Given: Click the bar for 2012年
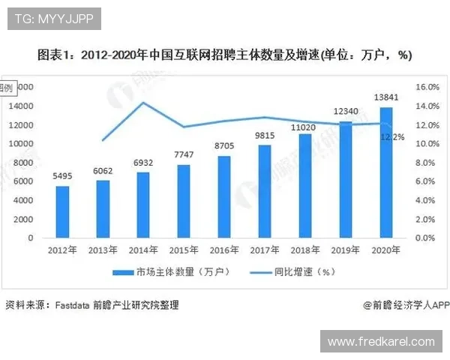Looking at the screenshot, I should (x=62, y=211).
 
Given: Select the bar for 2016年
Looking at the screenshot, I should (x=224, y=196).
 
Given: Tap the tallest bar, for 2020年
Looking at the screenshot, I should (x=386, y=172).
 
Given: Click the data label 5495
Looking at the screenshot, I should (x=62, y=177).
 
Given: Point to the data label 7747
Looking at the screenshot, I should (x=184, y=155).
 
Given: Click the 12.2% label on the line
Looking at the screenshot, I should (x=393, y=137).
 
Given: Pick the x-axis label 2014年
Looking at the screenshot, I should (x=143, y=250).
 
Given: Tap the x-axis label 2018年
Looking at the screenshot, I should (x=305, y=250).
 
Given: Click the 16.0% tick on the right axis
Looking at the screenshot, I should (x=425, y=87).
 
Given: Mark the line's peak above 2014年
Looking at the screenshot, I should (x=143, y=103).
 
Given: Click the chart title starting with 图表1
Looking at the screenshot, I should (x=225, y=55).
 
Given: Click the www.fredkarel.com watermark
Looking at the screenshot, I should (x=381, y=342).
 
